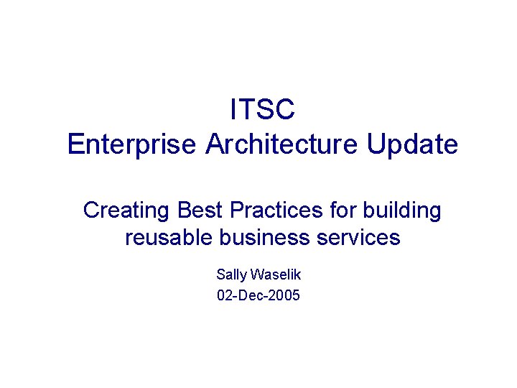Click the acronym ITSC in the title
(262, 110)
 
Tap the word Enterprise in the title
(131, 144)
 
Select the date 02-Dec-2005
(258, 295)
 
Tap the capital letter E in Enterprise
(75, 144)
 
